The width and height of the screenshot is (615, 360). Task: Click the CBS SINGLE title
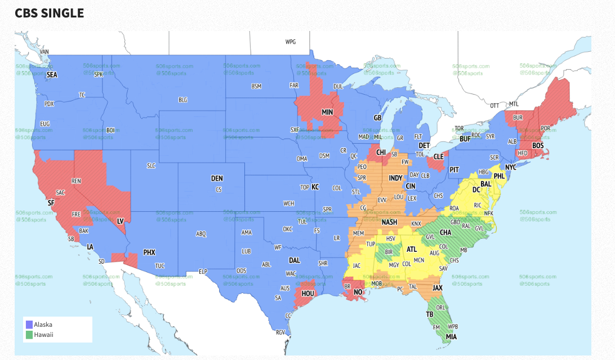point(50,13)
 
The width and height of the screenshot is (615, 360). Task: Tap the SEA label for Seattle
point(52,74)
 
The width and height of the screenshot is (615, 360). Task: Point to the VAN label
point(44,52)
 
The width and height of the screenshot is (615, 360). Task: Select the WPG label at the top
point(290,42)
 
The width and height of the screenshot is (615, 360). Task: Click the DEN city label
point(217,179)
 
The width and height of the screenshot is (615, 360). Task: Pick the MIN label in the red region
point(327,112)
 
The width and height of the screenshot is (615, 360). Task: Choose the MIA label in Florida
point(451,337)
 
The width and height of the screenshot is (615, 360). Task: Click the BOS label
point(538,145)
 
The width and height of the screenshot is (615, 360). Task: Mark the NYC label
point(510,168)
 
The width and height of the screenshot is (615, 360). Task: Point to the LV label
point(120,221)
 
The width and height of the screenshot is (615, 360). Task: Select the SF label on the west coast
point(51,202)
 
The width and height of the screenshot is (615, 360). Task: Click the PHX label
point(149,252)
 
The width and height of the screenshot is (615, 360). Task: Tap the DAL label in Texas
point(294,260)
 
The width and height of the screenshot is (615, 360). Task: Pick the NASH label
point(389,223)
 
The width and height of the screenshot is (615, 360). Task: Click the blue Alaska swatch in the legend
point(29,325)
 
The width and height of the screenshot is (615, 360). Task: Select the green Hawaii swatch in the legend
point(29,335)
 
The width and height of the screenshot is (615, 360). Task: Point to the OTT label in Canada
point(494,105)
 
